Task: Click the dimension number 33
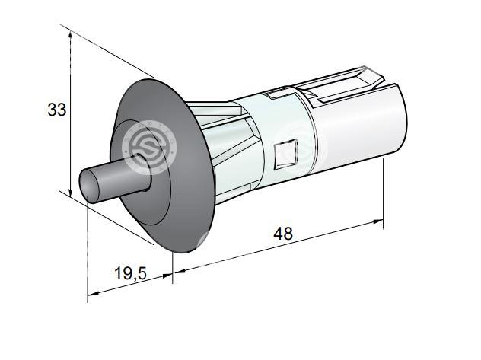click(57, 110)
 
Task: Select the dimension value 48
click(283, 234)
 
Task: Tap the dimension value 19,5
click(131, 273)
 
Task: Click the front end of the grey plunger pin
click(89, 186)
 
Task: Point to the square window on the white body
click(286, 155)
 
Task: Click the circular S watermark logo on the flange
click(149, 148)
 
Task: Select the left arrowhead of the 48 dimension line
click(179, 271)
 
